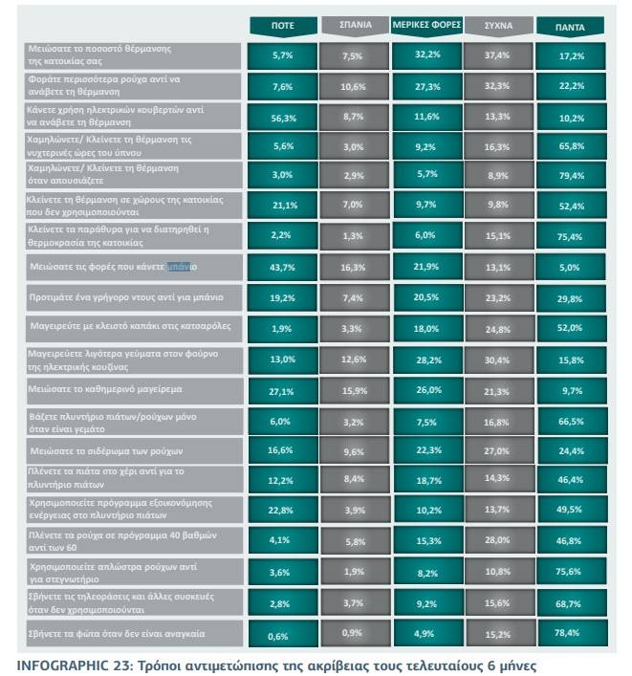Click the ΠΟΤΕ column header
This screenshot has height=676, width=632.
[283, 27]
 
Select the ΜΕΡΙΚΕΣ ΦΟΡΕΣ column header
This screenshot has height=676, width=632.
[425, 27]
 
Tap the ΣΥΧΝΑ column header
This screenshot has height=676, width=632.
[498, 27]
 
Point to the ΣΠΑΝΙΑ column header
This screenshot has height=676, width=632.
[355, 27]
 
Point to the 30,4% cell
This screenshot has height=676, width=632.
[498, 360]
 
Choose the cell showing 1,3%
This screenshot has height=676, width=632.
[355, 235]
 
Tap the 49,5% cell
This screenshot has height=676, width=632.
[571, 512]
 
